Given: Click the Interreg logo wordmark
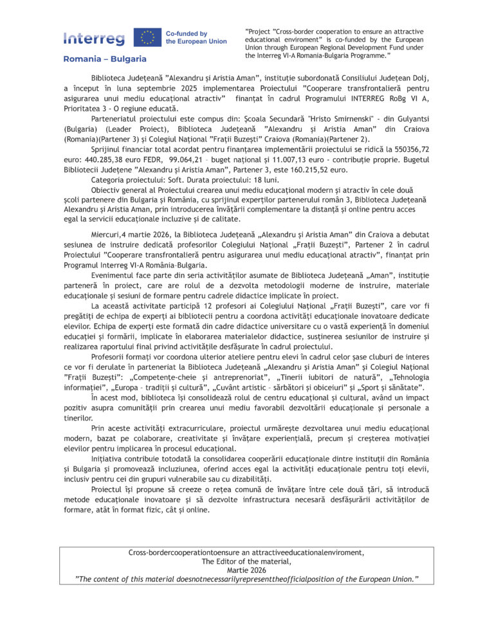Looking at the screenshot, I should (x=94, y=39).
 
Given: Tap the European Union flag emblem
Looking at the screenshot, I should (x=147, y=37).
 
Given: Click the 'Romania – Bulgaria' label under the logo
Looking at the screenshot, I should (x=105, y=59).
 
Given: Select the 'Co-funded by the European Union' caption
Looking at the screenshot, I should (x=196, y=37).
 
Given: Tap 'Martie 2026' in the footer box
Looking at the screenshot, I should (x=246, y=570).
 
